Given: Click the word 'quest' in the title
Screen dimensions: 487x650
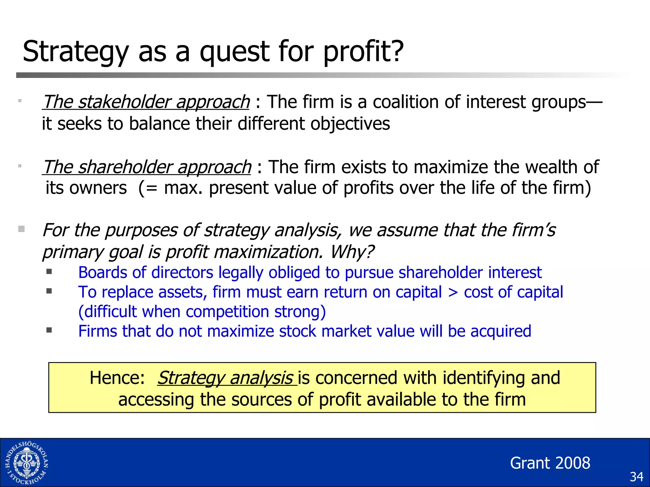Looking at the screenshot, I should coord(234,52).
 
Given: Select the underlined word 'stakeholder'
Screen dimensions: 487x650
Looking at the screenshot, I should coord(124,102).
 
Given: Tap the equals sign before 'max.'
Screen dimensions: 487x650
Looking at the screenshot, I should coord(152,188).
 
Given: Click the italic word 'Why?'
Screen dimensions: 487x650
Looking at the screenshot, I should coord(352,252).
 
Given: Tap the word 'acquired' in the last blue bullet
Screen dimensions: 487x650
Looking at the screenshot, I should coord(501,331).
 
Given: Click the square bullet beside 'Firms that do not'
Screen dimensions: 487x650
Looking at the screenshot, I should coord(49,330).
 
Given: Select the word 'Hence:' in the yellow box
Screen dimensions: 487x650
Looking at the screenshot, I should coord(117,378).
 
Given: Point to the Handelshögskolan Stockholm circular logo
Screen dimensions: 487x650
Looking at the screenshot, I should coord(27,463).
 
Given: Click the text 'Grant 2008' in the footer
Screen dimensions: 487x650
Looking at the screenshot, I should coord(550,463).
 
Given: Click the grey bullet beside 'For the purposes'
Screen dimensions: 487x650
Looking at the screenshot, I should coord(21,229).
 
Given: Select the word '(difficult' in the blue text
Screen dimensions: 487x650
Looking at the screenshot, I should coord(107,312).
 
